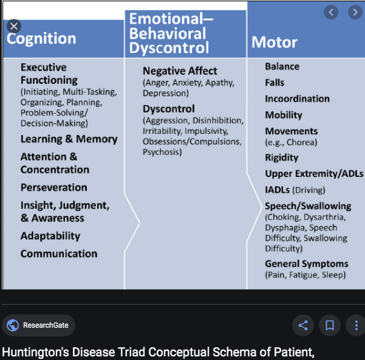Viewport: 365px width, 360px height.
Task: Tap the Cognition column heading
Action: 41,39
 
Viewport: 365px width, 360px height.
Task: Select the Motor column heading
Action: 275,42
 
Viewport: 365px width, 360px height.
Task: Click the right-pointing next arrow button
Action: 355,12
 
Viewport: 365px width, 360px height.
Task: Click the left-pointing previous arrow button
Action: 331,12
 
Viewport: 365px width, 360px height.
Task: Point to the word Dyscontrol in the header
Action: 169,48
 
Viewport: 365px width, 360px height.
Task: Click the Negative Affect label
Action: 180,71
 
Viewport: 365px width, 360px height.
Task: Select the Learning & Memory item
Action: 69,139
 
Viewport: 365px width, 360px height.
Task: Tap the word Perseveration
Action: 54,187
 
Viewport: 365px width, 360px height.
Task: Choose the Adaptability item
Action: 50,236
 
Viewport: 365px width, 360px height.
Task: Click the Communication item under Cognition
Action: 59,254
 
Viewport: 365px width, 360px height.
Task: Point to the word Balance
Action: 282,66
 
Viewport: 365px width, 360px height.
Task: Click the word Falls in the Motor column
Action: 275,83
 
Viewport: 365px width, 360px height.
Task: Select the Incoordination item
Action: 297,99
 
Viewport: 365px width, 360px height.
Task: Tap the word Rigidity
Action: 282,157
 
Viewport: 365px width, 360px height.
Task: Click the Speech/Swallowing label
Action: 308,206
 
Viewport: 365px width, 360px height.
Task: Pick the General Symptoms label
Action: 306,264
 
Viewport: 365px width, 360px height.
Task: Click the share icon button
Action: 303,325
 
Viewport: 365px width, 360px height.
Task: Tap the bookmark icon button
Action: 330,325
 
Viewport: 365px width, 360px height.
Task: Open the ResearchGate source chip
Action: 38,325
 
